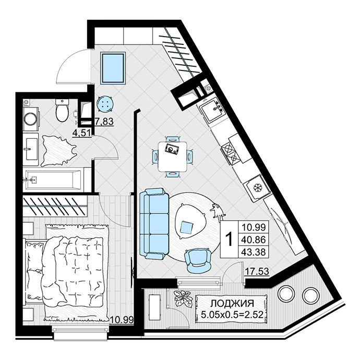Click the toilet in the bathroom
click(x=62, y=111)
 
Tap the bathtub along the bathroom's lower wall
click(x=53, y=180)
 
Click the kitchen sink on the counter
click(x=213, y=110)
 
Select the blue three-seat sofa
click(x=152, y=224)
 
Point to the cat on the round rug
click(x=217, y=210)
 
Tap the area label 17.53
click(x=257, y=271)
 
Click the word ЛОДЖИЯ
click(x=232, y=304)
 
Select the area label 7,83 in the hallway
click(x=104, y=122)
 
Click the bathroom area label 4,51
click(x=82, y=133)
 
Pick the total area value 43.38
click(x=254, y=252)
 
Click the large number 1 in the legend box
click(x=229, y=239)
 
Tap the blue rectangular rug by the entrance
click(x=113, y=68)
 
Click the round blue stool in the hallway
click(x=105, y=104)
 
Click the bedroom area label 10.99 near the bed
click(x=122, y=320)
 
